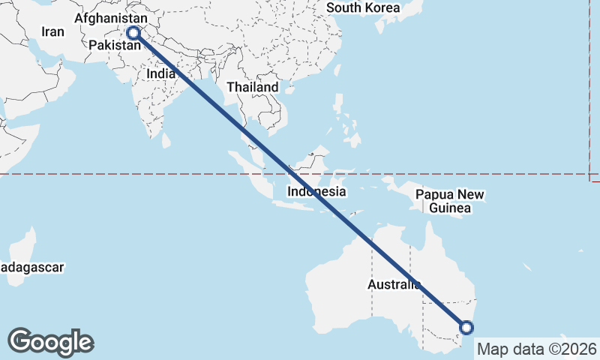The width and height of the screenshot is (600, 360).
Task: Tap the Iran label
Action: point(52,31)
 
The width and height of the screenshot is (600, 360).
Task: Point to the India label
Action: point(161,74)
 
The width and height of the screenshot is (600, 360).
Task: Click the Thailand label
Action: point(253,87)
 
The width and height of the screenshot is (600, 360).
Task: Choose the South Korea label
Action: point(364,7)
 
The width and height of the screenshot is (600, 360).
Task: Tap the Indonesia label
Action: point(316,191)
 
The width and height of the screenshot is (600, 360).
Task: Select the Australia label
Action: point(394,284)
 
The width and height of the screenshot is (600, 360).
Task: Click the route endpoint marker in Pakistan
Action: point(133,32)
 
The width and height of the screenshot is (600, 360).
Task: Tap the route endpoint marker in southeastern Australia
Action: point(466,327)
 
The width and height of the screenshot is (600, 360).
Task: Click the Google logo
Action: point(51,342)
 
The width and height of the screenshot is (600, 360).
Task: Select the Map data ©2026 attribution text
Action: point(536,349)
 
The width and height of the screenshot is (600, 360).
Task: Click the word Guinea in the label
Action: point(451,208)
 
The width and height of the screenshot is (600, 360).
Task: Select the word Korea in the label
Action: point(382,7)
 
